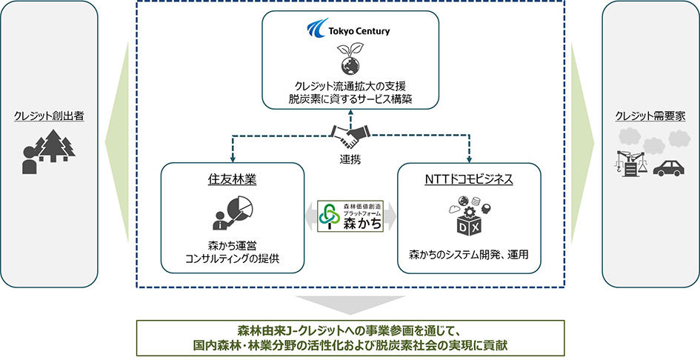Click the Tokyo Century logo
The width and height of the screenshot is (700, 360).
coord(347,31)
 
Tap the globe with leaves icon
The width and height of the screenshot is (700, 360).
coord(350,58)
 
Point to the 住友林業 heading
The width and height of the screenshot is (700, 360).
coord(232,179)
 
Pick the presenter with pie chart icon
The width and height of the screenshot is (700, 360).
coord(231,213)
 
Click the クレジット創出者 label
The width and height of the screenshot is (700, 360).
coord(49,116)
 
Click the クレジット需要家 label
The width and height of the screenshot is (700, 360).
coord(650,116)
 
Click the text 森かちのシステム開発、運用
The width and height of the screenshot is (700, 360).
coord(470,254)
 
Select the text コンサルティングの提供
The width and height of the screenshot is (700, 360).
coord(232,259)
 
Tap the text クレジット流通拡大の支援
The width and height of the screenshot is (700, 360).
coord(351,84)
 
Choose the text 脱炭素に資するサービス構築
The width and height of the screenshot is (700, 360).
coord(351,99)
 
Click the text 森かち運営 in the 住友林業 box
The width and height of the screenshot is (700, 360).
coord(232,247)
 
